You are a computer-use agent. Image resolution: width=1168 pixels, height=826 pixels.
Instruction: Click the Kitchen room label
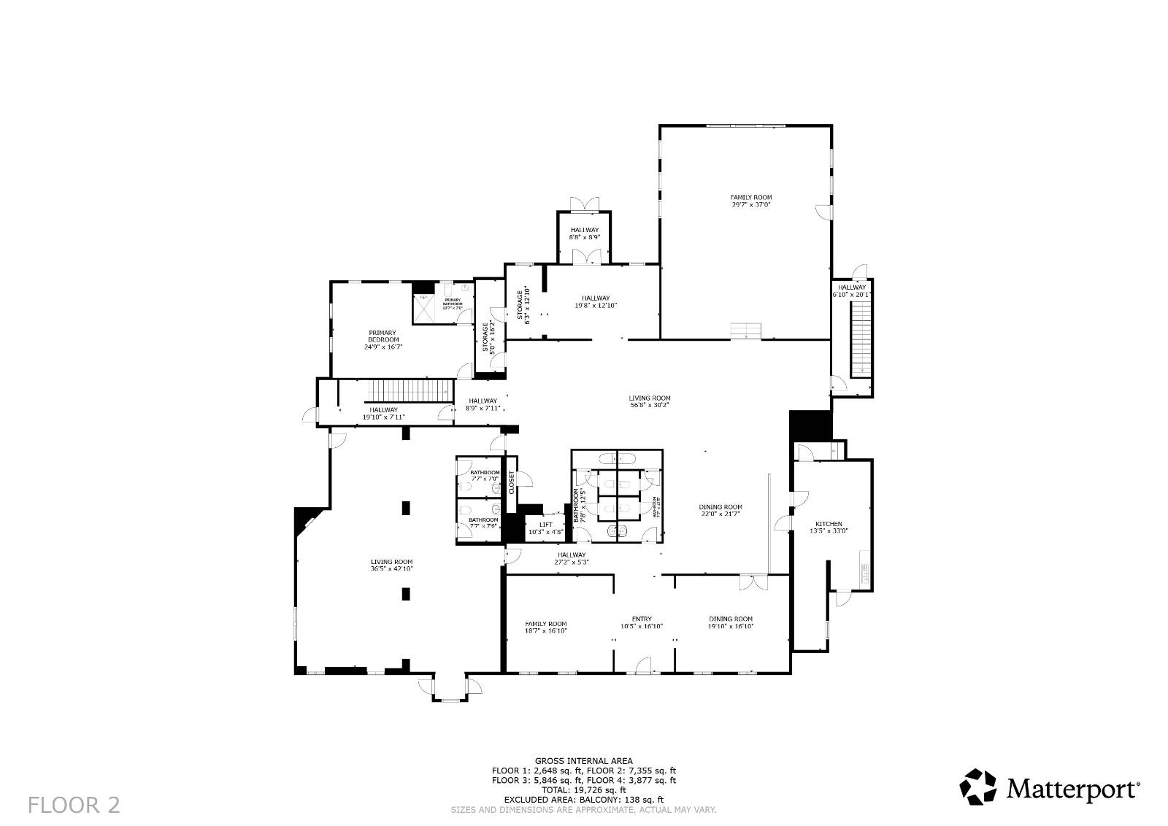coord(829,524)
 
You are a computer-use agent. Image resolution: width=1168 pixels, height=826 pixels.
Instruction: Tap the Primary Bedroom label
coord(383,336)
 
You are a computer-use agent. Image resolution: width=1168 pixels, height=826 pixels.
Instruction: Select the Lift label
coord(546,525)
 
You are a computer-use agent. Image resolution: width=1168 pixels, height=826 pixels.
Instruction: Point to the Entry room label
coord(642,619)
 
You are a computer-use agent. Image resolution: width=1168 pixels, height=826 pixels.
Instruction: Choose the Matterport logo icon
coord(977,787)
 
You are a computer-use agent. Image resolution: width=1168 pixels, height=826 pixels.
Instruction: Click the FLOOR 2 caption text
coord(74,805)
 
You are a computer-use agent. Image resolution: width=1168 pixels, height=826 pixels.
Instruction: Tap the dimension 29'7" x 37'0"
coord(751,205)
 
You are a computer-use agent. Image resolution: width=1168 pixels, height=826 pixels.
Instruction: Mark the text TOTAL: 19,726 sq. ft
coord(584,790)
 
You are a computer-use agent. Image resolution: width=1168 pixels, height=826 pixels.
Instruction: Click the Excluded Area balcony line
coord(584,800)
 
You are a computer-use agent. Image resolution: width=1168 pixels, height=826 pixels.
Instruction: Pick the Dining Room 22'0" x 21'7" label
coord(720,511)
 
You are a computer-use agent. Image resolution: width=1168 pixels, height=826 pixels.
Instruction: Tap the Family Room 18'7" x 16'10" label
coord(546,628)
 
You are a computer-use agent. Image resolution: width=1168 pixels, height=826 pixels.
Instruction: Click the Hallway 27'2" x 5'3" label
coord(570,559)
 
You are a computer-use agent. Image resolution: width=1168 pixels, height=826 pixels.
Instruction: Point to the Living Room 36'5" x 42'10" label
coord(392,565)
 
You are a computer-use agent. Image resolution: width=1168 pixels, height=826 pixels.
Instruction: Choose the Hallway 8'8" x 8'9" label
coord(585,233)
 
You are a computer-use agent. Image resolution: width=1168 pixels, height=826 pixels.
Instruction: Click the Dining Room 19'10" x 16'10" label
coord(730,622)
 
